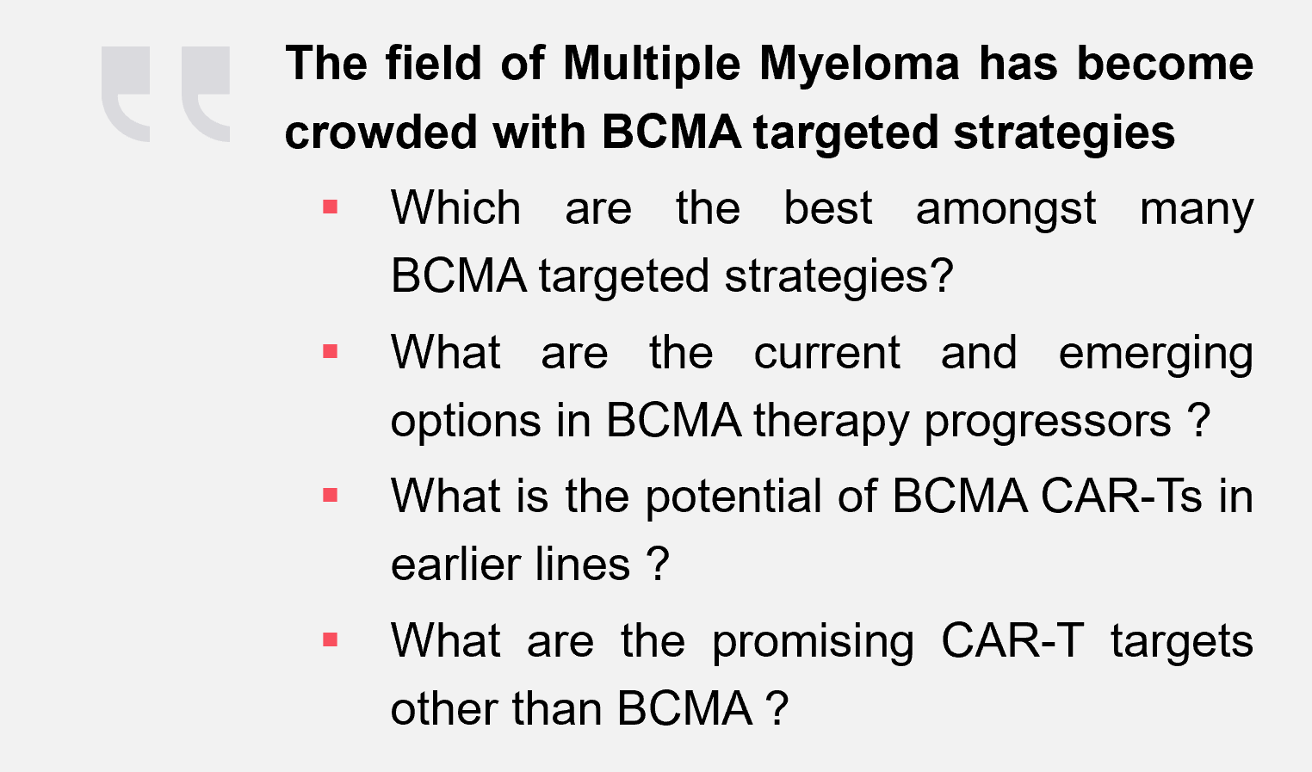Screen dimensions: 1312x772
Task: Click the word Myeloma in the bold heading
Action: tap(859, 65)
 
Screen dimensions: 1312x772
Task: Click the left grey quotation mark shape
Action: tap(126, 94)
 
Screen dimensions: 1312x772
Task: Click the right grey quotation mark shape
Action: tap(206, 94)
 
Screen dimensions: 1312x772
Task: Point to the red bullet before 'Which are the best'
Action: tap(331, 207)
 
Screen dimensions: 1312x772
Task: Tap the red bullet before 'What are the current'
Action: tap(331, 351)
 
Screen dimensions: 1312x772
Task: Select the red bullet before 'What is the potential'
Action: tap(331, 495)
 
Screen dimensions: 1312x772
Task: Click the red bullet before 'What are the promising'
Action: tap(331, 639)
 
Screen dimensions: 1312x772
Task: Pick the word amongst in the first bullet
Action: tap(1006, 210)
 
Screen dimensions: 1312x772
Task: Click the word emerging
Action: tap(1155, 355)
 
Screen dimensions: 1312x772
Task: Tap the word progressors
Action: tap(1048, 423)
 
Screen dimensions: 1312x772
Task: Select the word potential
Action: tap(733, 497)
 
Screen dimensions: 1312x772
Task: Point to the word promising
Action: tap(813, 643)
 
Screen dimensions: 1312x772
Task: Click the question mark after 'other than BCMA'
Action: tap(777, 707)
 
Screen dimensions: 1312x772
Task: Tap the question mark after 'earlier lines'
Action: tap(658, 564)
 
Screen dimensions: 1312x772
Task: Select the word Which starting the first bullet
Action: tap(455, 207)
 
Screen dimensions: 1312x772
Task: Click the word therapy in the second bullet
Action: tap(831, 423)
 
